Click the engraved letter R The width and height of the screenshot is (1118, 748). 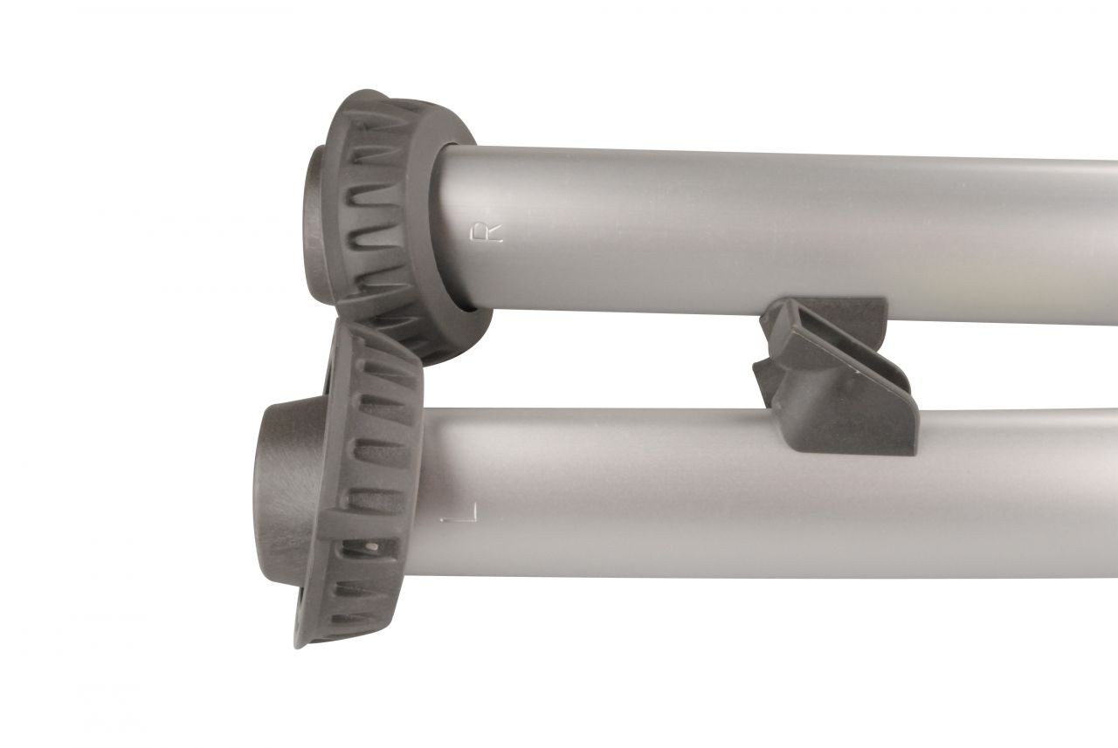pos(487,233)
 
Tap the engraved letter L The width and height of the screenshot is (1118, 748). pos(459,512)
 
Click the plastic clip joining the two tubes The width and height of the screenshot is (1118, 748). pos(833,374)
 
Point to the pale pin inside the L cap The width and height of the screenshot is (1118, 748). pos(370,546)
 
